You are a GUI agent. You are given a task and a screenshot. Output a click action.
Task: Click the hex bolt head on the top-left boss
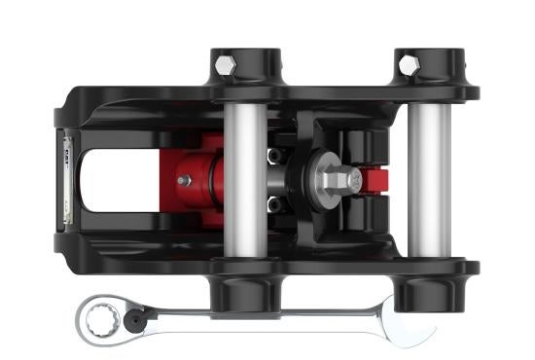tap(226, 65)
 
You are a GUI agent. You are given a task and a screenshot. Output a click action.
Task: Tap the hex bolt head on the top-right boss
tap(410, 64)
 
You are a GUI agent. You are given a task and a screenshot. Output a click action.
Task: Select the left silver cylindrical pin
tap(245, 180)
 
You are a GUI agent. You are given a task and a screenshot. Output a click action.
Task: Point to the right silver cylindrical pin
tap(428, 180)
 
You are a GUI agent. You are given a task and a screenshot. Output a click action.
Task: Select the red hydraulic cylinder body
tap(199, 181)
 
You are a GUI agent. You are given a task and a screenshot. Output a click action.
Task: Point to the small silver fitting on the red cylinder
tap(182, 179)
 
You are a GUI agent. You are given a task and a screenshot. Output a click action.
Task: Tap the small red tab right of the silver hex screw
tap(374, 181)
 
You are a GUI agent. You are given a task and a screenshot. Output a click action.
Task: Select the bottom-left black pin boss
tap(243, 288)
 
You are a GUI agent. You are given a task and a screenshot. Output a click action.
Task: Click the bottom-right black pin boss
tap(428, 286)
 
